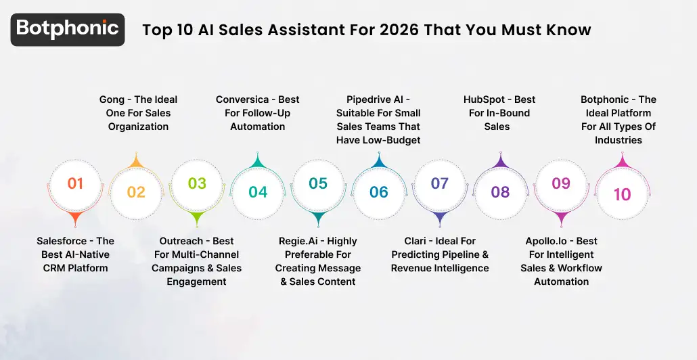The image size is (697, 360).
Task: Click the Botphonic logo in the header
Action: tap(68, 29)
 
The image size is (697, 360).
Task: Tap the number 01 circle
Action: tap(75, 183)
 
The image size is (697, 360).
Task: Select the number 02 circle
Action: tap(136, 192)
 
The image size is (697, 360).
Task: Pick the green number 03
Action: tap(197, 183)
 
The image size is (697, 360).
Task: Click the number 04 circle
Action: tap(258, 192)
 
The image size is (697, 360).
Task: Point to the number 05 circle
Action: tap(318, 183)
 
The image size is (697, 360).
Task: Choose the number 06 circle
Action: tap(379, 192)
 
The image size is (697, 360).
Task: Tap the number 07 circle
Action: tap(440, 183)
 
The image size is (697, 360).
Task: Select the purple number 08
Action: tap(500, 192)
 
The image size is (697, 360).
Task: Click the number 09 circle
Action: tap(561, 183)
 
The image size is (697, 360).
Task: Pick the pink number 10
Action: tap(622, 194)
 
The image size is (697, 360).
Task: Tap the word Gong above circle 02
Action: tap(112, 99)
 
